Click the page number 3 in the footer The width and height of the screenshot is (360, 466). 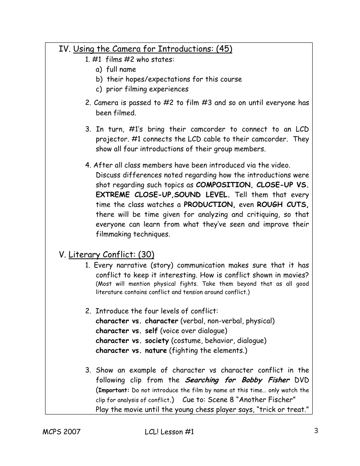pyautogui.click(x=316, y=431)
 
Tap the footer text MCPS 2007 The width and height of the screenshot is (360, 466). pyautogui.click(x=61, y=432)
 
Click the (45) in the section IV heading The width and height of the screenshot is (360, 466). pyautogui.click(x=224, y=49)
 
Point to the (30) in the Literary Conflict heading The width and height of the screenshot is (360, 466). pyautogui.click(x=146, y=255)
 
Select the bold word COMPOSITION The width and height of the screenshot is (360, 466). pyautogui.click(x=224, y=185)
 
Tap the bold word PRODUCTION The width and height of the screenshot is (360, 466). pyautogui.click(x=209, y=205)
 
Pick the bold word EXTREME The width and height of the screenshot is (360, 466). pyautogui.click(x=113, y=195)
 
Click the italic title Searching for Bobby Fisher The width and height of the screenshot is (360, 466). pyautogui.click(x=237, y=380)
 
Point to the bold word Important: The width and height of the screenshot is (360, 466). pyautogui.click(x=114, y=390)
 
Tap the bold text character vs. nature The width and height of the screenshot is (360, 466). pyautogui.click(x=131, y=350)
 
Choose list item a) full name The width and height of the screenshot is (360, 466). pyautogui.click(x=116, y=69)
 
